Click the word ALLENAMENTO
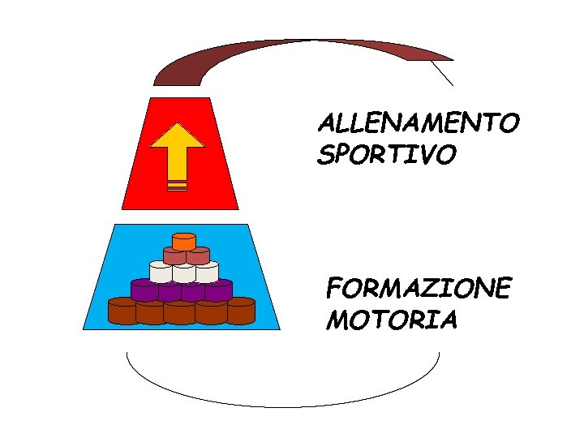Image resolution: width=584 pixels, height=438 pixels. pyautogui.click(x=418, y=124)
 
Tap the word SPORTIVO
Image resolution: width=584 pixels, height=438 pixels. pyautogui.click(x=387, y=154)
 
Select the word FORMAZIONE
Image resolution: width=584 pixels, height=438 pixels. pyautogui.click(x=419, y=289)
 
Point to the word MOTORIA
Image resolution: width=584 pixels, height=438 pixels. pyautogui.click(x=392, y=320)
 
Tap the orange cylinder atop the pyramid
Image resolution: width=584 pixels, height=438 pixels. pyautogui.click(x=184, y=241)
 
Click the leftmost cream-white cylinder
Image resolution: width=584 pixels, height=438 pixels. pyautogui.click(x=161, y=272)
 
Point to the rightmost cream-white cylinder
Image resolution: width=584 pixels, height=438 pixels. pyautogui.click(x=207, y=272)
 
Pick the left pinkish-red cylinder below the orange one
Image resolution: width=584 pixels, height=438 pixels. pyautogui.click(x=173, y=255)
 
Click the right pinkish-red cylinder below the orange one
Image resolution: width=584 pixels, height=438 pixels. pyautogui.click(x=198, y=255)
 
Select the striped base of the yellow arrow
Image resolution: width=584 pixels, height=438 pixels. pyautogui.click(x=177, y=186)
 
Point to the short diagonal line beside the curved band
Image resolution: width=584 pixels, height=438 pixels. pyautogui.click(x=442, y=73)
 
